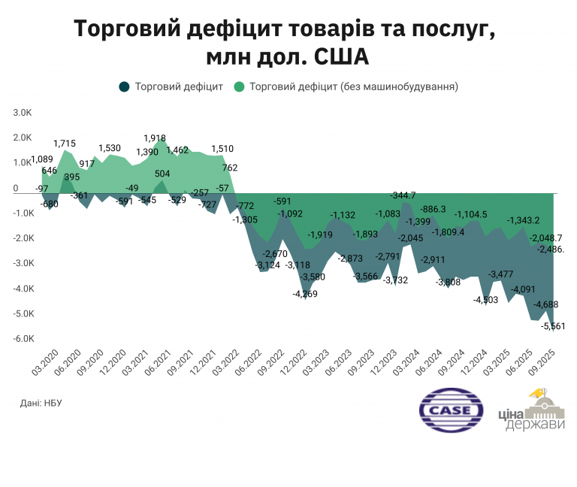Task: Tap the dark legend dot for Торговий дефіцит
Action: point(125,86)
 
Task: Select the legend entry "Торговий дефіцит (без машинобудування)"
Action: point(346,86)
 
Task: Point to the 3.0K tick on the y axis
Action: point(22,113)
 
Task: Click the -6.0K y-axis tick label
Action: point(21,339)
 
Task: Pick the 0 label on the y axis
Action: point(15,189)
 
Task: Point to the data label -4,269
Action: point(305,294)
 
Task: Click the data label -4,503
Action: point(485,300)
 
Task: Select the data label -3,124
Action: point(268,265)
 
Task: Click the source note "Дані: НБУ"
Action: point(40,404)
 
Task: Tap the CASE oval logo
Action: point(450,410)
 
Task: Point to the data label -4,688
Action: point(545,304)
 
